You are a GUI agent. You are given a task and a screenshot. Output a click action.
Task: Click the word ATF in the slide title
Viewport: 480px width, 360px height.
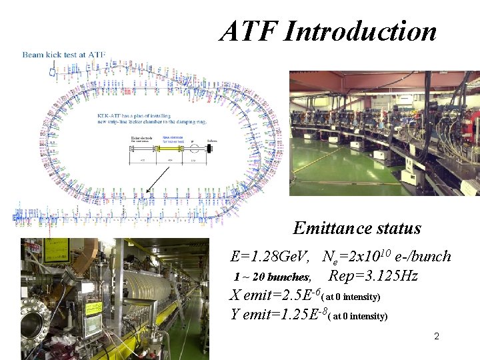[x=248, y=31]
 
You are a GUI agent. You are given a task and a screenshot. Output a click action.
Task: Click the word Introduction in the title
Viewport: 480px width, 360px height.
[x=361, y=31]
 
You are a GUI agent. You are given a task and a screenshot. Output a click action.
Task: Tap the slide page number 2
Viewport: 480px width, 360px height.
[x=437, y=337]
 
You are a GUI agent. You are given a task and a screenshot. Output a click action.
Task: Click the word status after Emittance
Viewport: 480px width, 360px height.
[x=399, y=228]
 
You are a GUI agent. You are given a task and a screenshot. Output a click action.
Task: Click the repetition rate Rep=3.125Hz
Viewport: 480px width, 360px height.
[x=373, y=276]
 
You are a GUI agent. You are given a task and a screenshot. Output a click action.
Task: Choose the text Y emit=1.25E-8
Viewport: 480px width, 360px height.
[x=280, y=315]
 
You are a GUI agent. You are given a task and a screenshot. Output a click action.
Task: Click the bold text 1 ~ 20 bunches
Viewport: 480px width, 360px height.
[x=272, y=277]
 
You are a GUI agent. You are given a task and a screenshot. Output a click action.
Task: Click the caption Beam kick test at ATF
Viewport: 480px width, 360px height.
[x=63, y=53]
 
